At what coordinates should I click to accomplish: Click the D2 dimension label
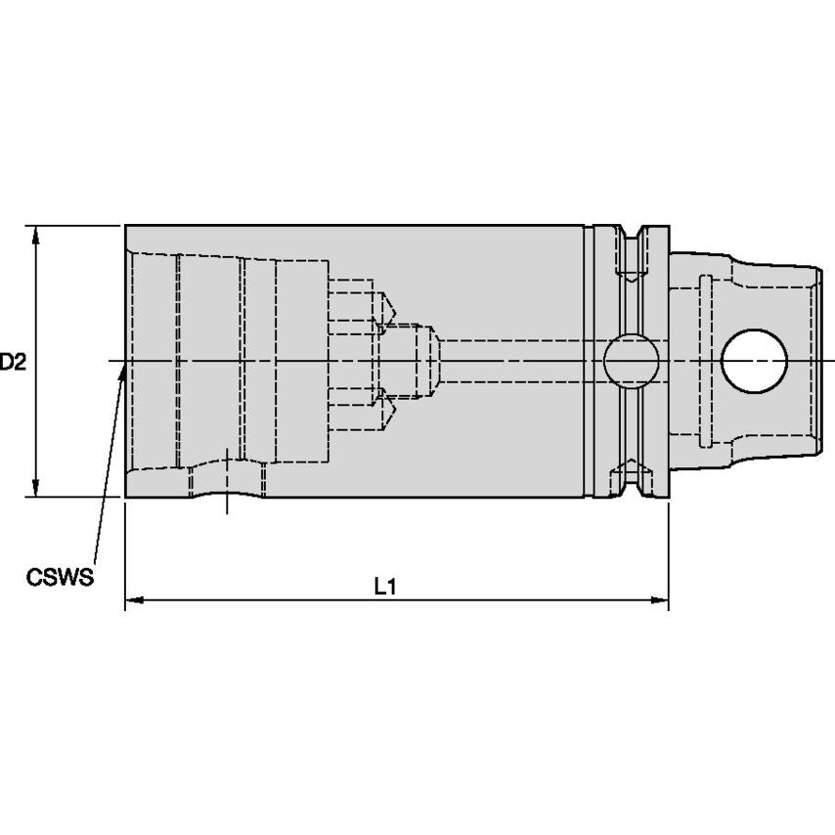(x=12, y=362)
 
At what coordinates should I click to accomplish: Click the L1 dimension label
(x=385, y=587)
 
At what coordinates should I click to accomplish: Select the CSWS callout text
(x=60, y=577)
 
